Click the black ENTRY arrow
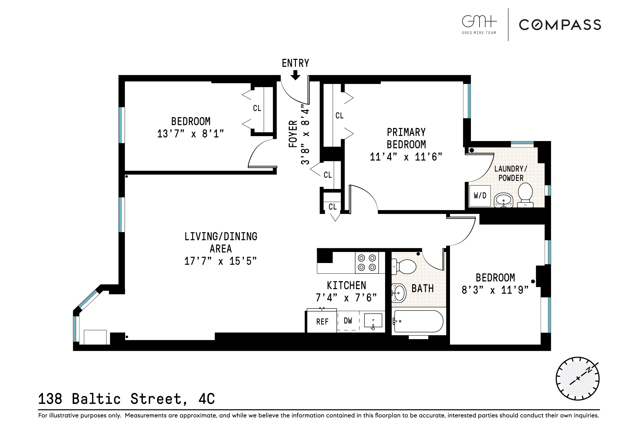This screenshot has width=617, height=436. coord(295,75)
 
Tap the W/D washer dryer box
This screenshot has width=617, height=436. coord(480,196)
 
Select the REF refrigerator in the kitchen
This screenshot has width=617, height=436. coord(322,321)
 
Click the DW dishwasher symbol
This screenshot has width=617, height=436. coord(348,321)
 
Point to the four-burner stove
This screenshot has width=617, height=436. coord(367,262)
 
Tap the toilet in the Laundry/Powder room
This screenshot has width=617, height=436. coord(525,194)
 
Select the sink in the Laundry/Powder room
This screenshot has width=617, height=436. coord(503,200)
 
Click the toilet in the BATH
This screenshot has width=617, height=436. coord(404,267)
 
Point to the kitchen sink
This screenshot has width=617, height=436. coord(373,320)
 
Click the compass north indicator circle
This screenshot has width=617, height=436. coord(577,379)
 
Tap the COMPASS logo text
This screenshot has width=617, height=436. coord(560,25)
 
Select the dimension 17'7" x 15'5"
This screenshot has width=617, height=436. coord(220,261)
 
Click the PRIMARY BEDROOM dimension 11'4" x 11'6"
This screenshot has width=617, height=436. coord(406,157)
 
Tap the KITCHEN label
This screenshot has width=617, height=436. coord(346,285)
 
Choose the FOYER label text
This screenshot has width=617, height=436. coord(293,134)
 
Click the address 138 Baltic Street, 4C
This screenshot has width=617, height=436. coord(126,399)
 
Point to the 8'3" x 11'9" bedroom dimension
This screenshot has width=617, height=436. coord(495,290)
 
